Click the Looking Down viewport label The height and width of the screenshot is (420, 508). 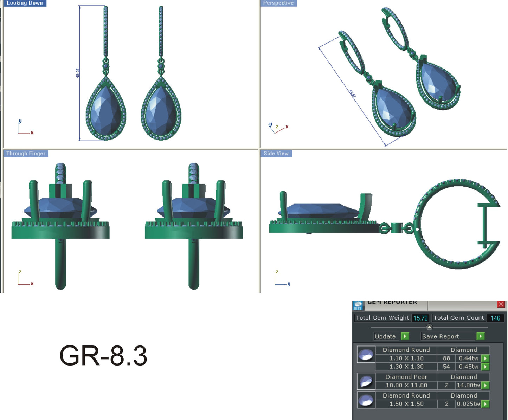25,3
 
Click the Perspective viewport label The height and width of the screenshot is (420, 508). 278,3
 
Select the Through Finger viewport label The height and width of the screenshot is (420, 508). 26,154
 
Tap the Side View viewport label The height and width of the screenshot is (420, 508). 276,154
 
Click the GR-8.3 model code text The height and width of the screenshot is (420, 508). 103,356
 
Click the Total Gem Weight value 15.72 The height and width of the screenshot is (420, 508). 420,318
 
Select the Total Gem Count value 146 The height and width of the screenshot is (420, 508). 495,318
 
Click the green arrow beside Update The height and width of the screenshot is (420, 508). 405,336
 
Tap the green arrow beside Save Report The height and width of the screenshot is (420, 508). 480,336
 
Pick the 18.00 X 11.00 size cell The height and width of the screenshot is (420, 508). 406,385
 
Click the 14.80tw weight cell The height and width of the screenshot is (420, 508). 468,385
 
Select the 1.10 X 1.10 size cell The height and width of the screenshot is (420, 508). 406,358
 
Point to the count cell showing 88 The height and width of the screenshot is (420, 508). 446,358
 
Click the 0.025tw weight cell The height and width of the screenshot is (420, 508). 468,404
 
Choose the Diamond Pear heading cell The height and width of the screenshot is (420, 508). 406,377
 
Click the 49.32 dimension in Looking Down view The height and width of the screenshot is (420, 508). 78,73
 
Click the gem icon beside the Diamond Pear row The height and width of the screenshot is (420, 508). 366,381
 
